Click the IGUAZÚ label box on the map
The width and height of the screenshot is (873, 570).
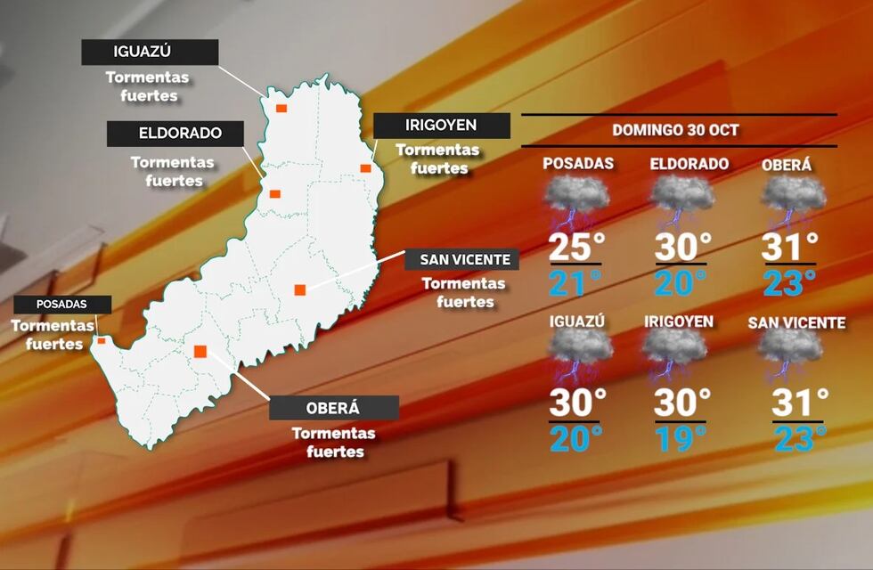click(150, 53)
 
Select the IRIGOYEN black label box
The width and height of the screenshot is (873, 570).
click(441, 126)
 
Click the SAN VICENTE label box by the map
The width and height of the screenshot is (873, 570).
click(458, 260)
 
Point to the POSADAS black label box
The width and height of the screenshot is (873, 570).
click(61, 305)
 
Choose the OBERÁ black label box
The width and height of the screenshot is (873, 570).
click(333, 408)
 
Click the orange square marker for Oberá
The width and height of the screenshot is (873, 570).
click(200, 350)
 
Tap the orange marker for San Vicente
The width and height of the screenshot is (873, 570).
click(300, 289)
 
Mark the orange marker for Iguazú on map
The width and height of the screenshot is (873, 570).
click(281, 108)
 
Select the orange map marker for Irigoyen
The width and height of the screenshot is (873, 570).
click(365, 167)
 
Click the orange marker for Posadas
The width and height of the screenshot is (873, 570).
click(102, 340)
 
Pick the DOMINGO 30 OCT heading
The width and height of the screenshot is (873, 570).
click(675, 130)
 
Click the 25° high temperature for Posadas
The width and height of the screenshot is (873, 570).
click(575, 248)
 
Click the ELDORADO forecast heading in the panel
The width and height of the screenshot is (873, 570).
click(689, 164)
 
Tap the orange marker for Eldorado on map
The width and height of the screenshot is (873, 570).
click(275, 193)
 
